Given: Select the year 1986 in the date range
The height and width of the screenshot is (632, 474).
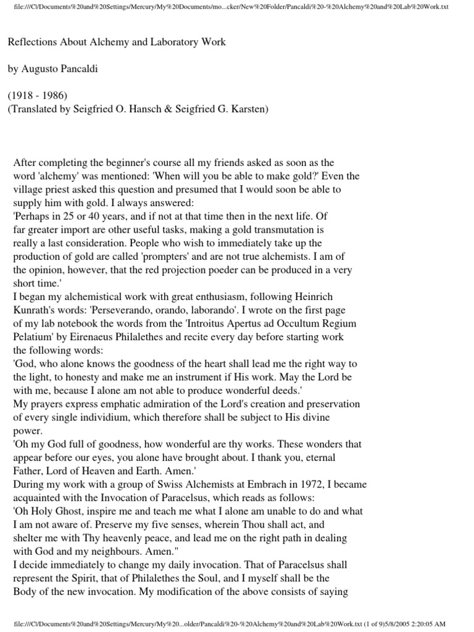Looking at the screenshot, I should pyautogui.click(x=55, y=96).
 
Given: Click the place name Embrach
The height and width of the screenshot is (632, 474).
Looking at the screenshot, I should pyautogui.click(x=276, y=484).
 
